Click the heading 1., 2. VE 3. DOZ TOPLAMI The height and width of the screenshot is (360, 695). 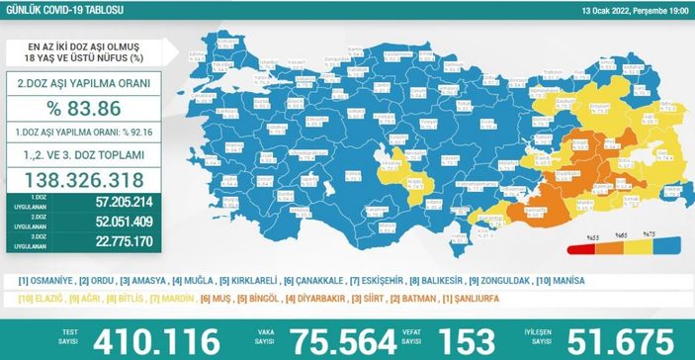(90, 156)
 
